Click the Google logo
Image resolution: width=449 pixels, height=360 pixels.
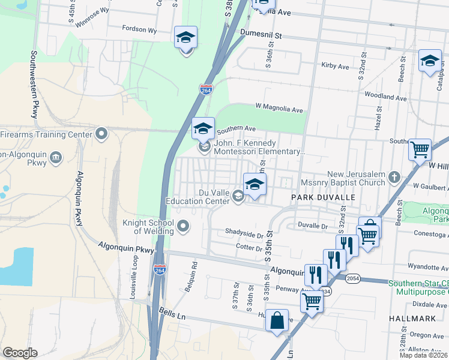(20, 353)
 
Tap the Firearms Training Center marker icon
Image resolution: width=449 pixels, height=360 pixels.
(102, 134)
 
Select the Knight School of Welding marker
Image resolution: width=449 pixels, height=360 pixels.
(184, 227)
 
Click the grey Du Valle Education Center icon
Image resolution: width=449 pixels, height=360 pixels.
(239, 196)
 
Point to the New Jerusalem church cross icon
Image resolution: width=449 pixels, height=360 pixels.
(394, 177)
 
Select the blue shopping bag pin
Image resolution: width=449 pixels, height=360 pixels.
(277, 320)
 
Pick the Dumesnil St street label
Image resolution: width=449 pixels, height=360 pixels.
(261, 35)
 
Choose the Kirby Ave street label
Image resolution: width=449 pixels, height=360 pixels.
(335, 66)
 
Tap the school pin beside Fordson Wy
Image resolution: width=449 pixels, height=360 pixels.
(185, 38)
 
